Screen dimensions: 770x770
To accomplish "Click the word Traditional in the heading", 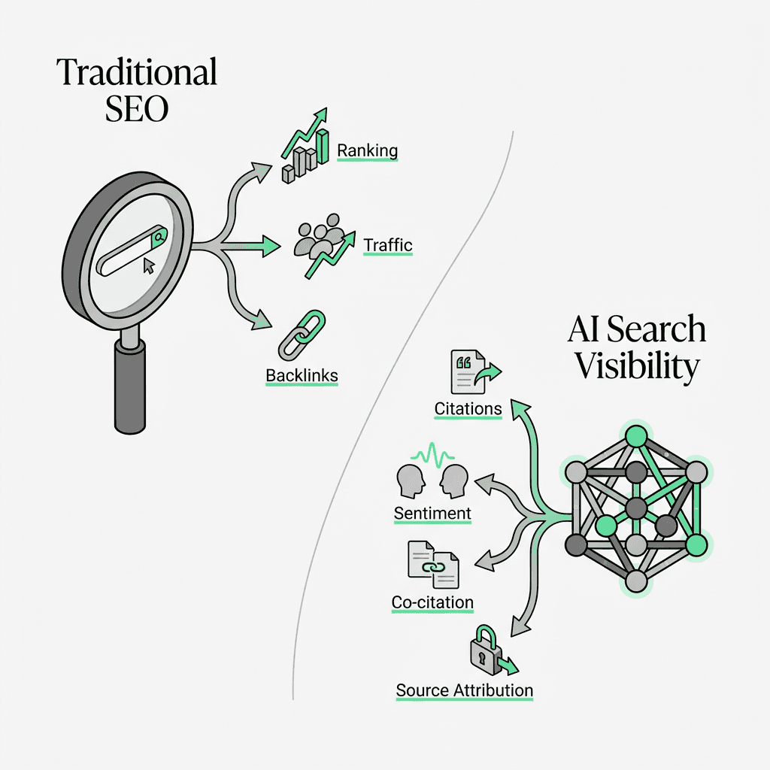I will coord(137,73).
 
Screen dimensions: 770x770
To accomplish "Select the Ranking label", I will coord(367,150).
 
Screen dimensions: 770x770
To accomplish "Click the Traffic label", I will coord(388,245).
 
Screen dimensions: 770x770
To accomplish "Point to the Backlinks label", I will coord(302,374).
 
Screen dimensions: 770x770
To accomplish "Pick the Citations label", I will coord(468,408).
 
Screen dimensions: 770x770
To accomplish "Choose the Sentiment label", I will coord(432,514).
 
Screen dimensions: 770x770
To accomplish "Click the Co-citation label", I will coord(432,602).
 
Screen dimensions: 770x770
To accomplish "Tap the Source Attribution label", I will coord(464,690).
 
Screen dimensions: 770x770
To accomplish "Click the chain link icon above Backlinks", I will coord(301,334).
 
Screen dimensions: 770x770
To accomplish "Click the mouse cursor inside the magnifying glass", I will coord(148,265).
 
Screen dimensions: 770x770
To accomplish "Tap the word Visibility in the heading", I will coord(637,366).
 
